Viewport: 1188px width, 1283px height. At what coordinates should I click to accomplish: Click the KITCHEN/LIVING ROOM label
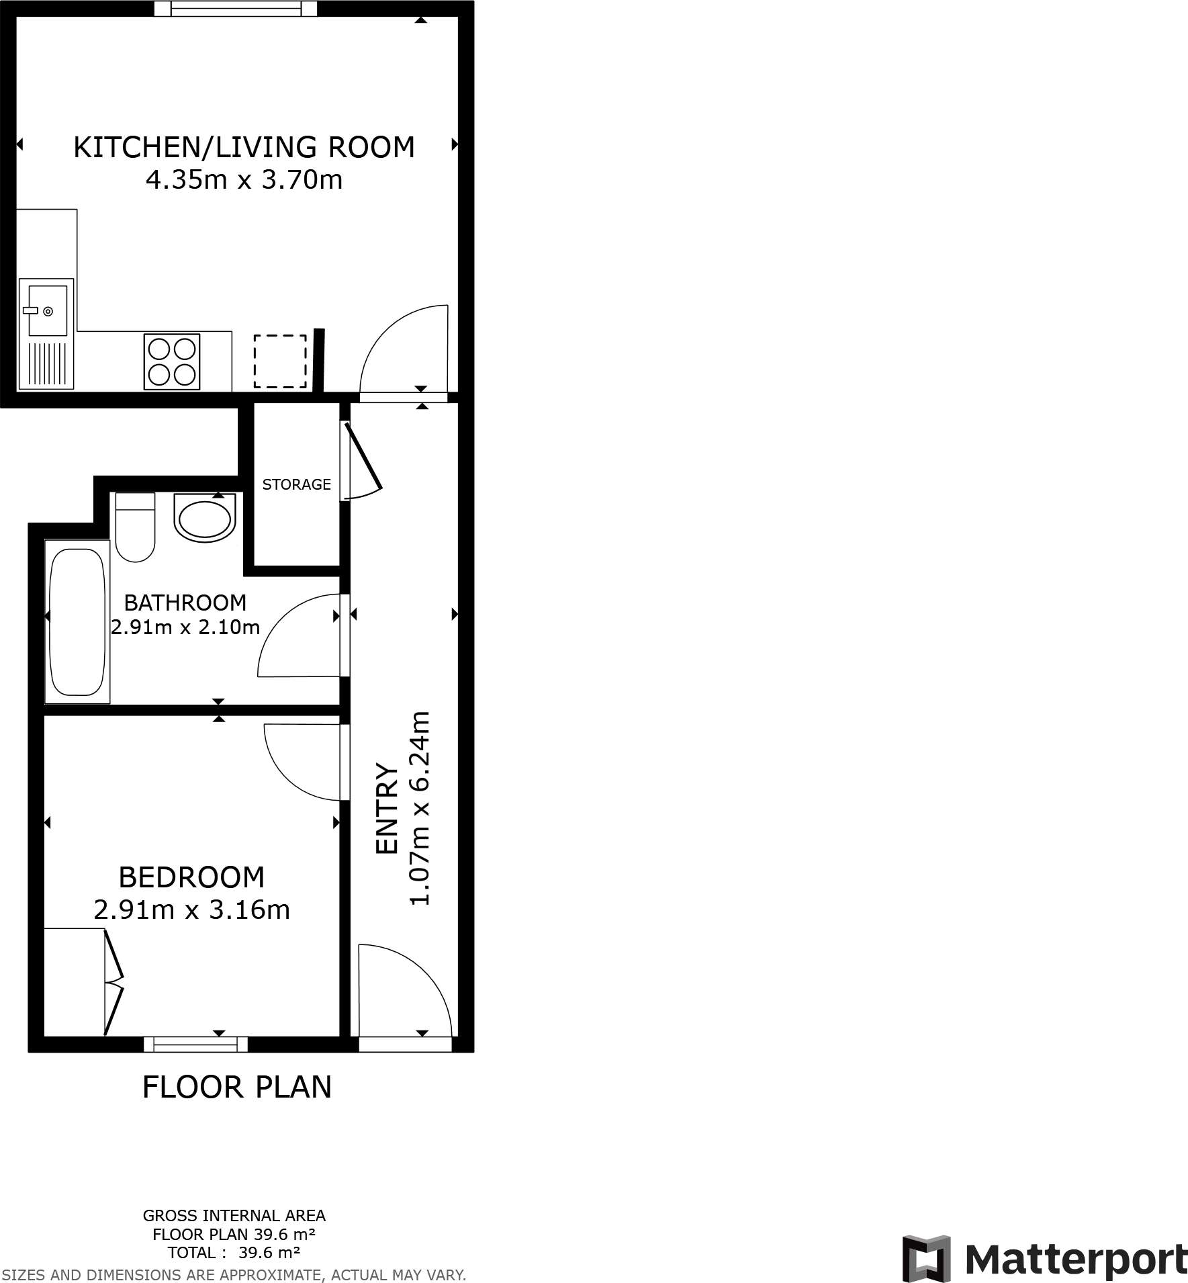244,147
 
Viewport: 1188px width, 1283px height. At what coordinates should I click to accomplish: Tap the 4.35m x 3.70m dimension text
244,180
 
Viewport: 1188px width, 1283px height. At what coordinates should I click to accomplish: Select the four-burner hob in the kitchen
172,361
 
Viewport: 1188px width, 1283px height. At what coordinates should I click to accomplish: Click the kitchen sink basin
47,310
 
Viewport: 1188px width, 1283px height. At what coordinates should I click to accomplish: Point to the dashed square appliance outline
280,361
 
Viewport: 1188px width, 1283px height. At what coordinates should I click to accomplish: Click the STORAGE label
296,484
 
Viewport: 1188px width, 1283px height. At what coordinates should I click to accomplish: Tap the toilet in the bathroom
135,527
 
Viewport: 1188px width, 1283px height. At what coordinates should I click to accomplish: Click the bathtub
77,621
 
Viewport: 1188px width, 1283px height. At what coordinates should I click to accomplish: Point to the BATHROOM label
185,602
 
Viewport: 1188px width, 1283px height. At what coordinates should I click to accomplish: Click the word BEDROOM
191,877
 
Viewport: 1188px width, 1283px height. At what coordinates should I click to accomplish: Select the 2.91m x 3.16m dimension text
191,910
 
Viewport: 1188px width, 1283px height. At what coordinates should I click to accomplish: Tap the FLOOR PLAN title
237,1087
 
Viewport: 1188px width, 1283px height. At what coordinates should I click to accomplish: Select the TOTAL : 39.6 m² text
234,1252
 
